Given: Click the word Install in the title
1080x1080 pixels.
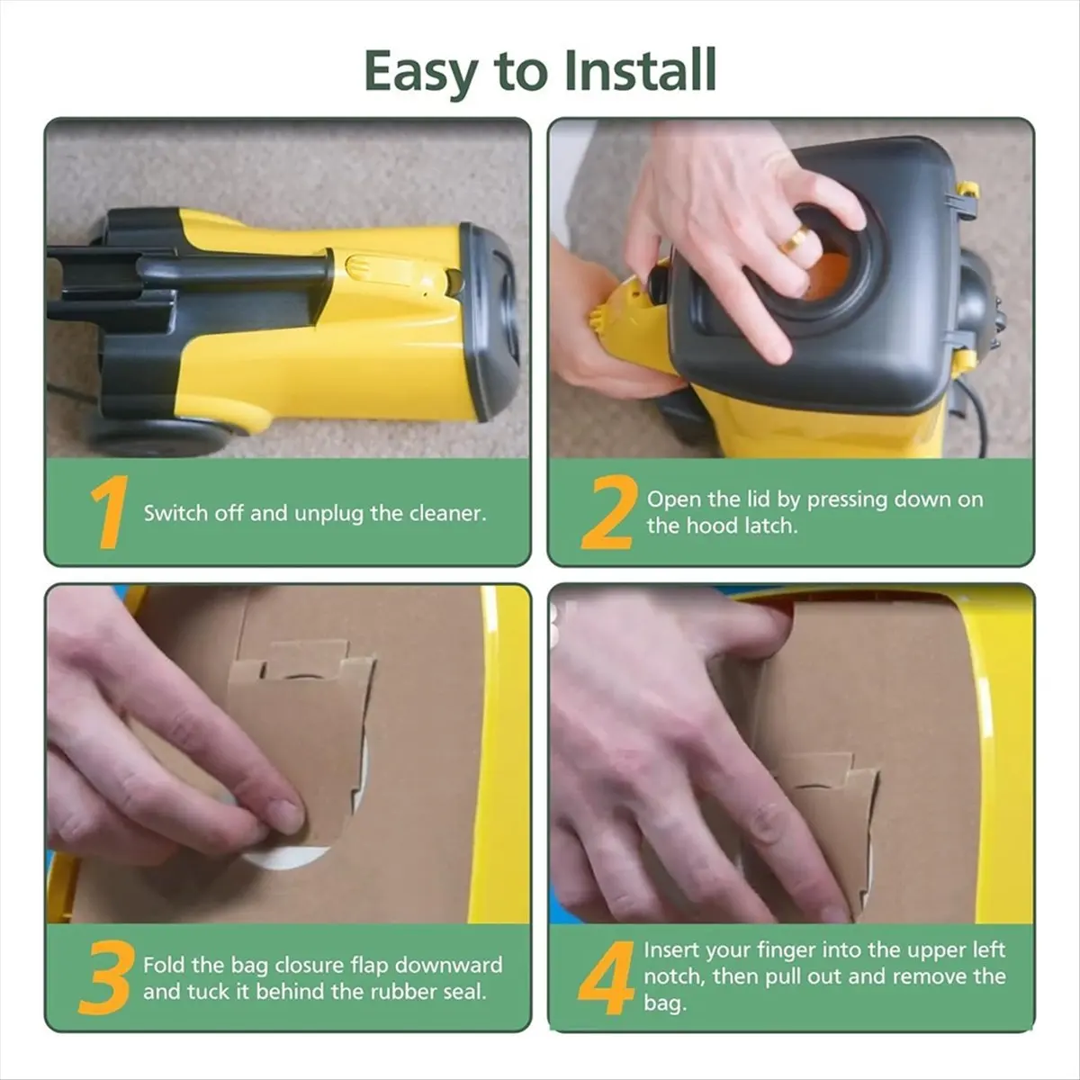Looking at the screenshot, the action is (x=641, y=70).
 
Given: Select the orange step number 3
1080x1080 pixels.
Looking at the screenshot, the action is (x=106, y=977).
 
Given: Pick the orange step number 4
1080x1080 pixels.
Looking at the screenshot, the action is (x=607, y=977).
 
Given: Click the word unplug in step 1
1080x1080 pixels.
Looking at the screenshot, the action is (x=329, y=514).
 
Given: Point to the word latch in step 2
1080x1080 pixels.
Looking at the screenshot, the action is (x=770, y=525).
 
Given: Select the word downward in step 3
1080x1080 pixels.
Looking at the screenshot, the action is (x=449, y=965).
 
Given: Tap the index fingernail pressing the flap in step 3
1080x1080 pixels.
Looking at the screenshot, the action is (x=286, y=814).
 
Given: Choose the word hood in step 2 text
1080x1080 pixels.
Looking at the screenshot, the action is (x=713, y=525).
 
